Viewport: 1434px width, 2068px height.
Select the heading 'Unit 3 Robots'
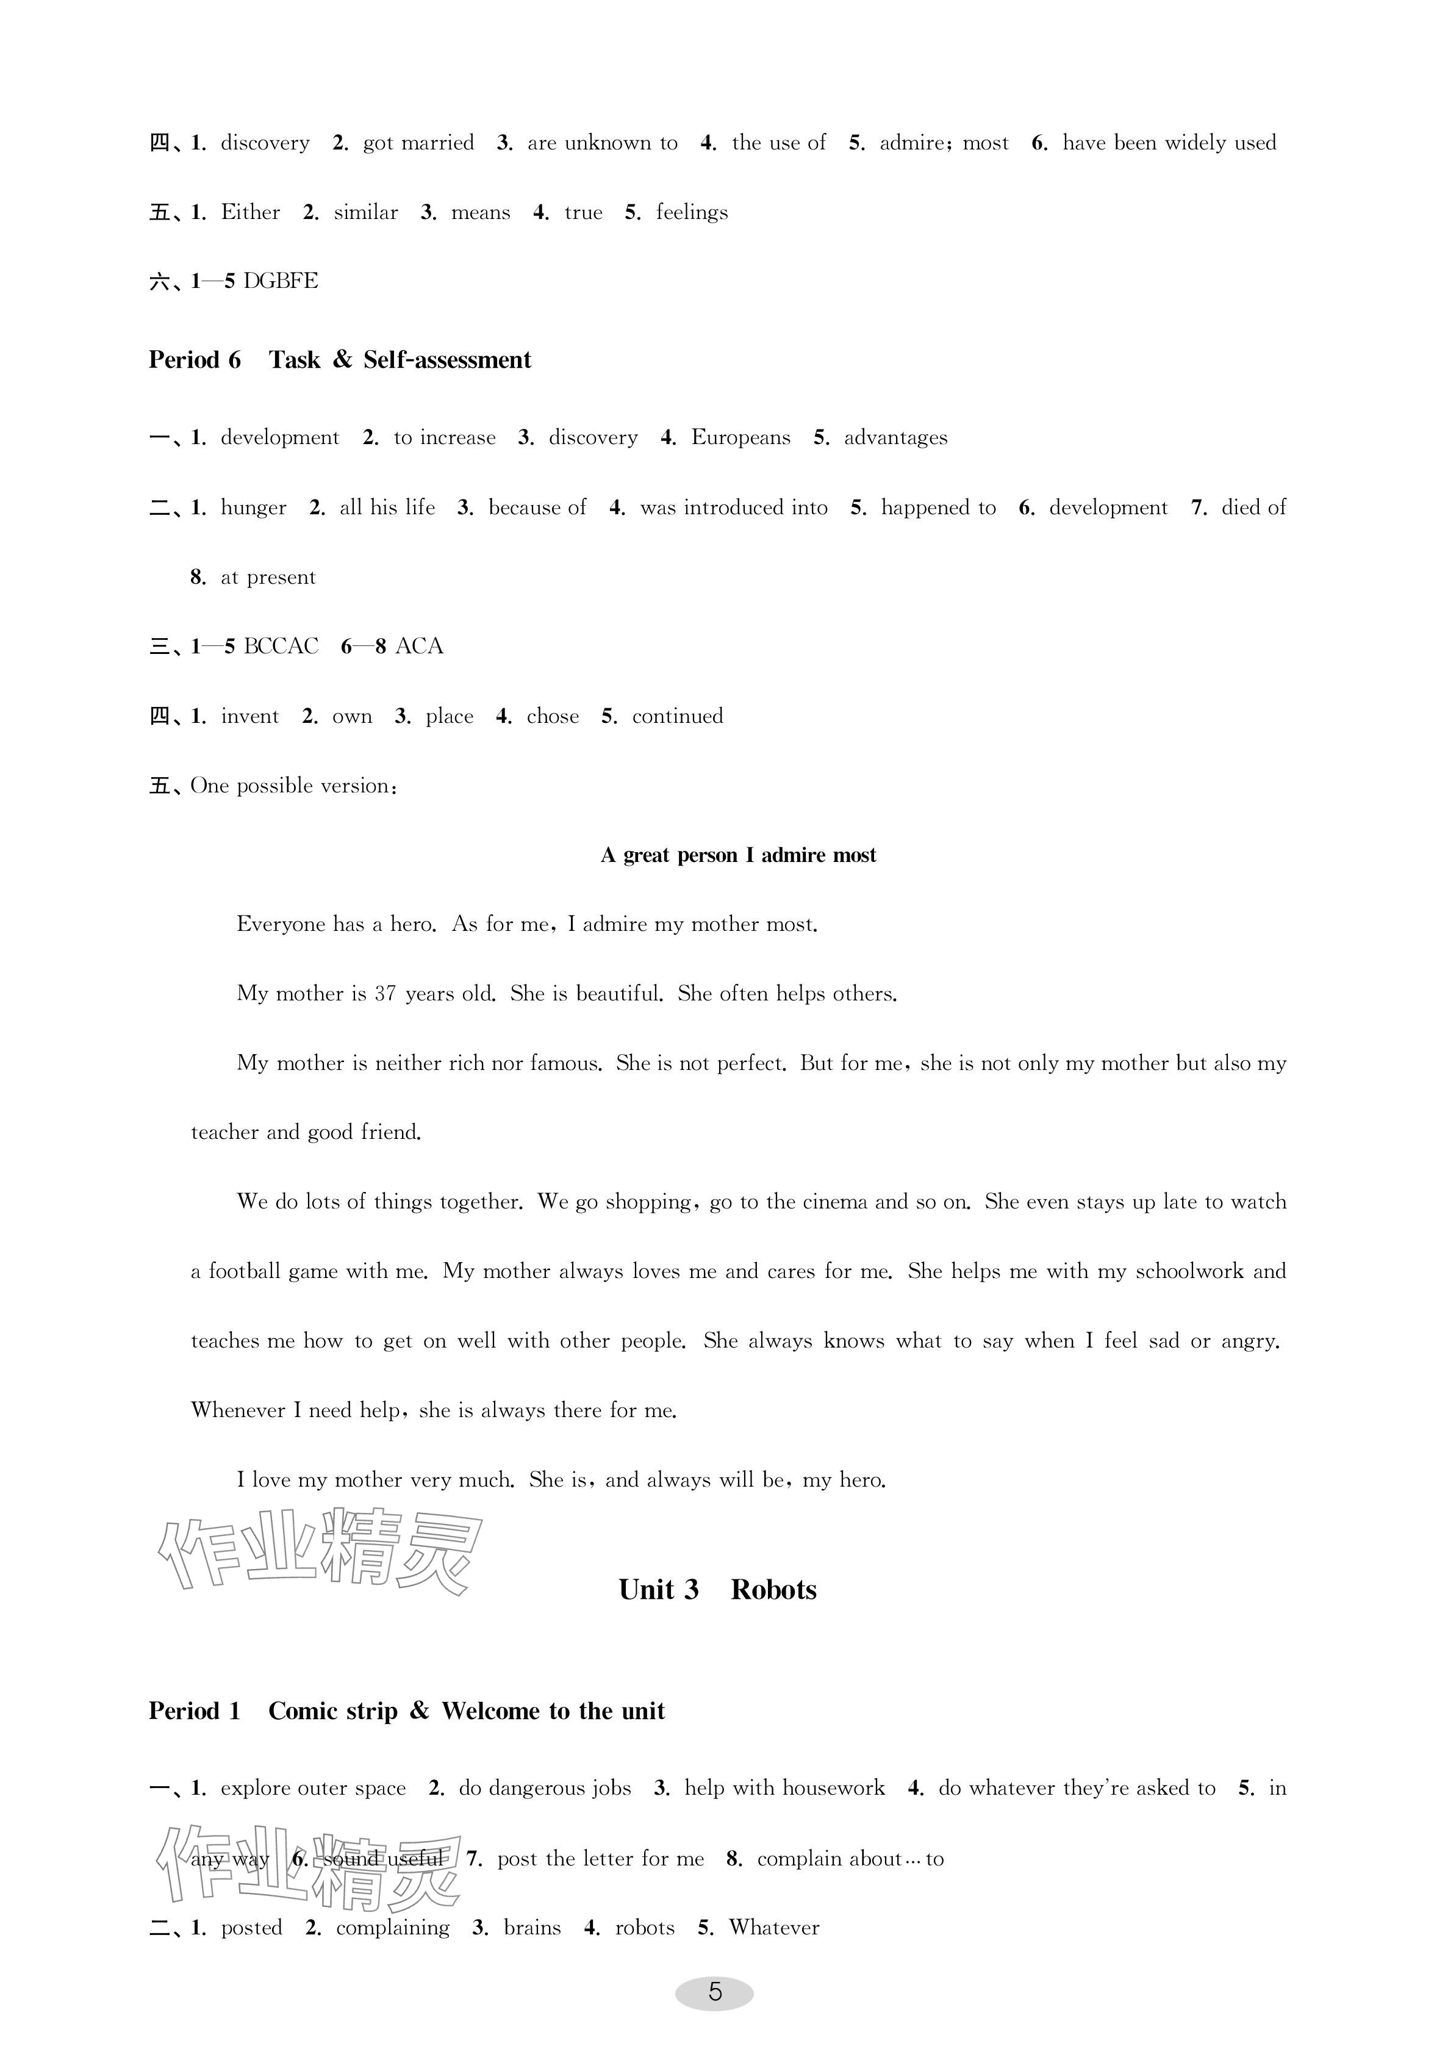pos(717,1590)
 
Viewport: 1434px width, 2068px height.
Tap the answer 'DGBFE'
pos(281,281)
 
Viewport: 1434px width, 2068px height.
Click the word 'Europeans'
pos(740,437)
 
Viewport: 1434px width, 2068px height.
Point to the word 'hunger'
pos(253,508)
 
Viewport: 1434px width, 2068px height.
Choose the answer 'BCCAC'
pos(281,647)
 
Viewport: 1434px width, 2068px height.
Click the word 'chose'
pos(553,716)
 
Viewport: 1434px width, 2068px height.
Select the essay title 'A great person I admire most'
pos(737,855)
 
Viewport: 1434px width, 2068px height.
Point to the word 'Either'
pos(250,212)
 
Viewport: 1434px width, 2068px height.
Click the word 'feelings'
pos(691,213)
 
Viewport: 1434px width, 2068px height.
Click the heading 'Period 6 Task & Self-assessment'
pos(340,361)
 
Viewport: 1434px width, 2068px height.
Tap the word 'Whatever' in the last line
pos(773,1928)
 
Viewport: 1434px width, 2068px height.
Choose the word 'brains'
pos(532,1928)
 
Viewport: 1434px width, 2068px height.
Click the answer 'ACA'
pos(418,647)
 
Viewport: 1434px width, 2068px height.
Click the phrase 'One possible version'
pos(291,786)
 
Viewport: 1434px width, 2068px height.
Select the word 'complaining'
pos(393,1928)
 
